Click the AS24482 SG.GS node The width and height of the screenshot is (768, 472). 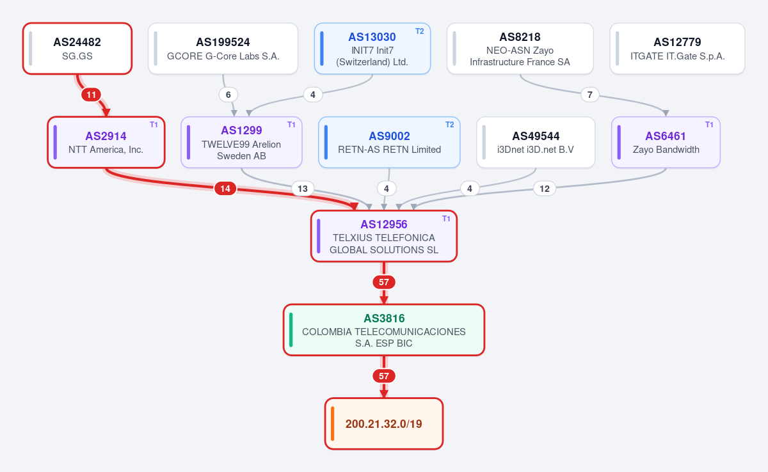tap(77, 49)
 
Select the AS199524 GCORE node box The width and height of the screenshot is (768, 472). tap(223, 49)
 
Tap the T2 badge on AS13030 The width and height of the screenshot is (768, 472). tap(420, 31)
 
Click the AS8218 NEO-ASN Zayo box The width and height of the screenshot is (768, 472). tap(520, 49)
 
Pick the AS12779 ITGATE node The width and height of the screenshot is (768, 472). tap(677, 49)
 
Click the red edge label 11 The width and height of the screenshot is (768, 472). tap(91, 95)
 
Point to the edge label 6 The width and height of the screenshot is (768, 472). tap(228, 95)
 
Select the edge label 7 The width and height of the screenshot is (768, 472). tap(589, 95)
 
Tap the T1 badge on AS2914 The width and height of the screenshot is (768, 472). tap(154, 125)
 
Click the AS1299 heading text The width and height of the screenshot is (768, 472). tap(241, 130)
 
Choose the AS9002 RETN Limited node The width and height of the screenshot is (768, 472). tap(389, 142)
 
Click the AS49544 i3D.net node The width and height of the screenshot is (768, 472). tap(536, 142)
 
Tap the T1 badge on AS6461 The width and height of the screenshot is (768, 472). tap(709, 125)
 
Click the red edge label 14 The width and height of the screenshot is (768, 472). tap(225, 189)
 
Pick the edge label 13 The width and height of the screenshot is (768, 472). tap(302, 189)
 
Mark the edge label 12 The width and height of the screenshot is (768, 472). tap(545, 189)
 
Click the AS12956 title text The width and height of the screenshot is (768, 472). tap(383, 224)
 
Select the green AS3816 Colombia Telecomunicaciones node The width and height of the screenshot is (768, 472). tap(383, 330)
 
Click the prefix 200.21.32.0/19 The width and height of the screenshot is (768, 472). tap(383, 423)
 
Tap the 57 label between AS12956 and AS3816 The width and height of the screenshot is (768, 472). tap(383, 282)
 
